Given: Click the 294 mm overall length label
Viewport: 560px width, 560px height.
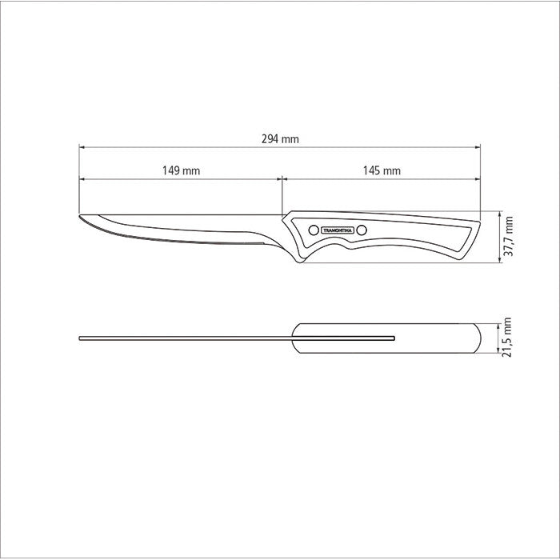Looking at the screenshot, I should pyautogui.click(x=280, y=138).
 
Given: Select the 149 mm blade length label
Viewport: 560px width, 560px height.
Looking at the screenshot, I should pyautogui.click(x=181, y=170).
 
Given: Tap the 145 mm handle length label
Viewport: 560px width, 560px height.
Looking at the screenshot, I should pyautogui.click(x=382, y=170).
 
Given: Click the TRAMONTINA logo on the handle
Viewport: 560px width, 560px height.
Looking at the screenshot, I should pyautogui.click(x=336, y=230).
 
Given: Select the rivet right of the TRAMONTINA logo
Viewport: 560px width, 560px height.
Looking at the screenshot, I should pyautogui.click(x=361, y=230).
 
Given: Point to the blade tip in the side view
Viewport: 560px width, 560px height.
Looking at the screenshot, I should pyautogui.click(x=80, y=216).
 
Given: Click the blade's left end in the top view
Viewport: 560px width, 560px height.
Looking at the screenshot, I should pyautogui.click(x=81, y=338).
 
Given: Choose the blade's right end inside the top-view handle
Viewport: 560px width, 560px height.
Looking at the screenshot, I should pyautogui.click(x=394, y=338).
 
